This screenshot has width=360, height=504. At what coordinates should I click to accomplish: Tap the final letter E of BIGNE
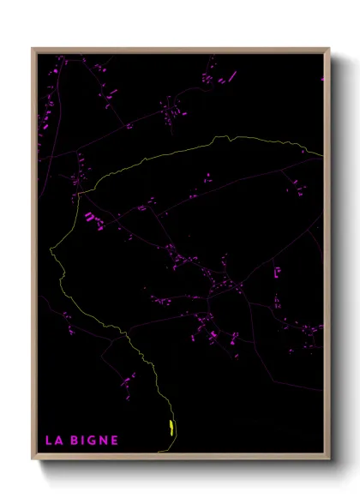tap(115, 441)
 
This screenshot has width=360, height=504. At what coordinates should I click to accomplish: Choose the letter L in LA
tap(48, 441)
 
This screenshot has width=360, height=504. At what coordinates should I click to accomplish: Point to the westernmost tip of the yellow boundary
tap(51, 249)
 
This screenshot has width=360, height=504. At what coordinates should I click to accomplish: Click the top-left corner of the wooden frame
tap(33, 49)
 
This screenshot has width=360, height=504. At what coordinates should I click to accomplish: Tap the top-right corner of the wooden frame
tap(328, 49)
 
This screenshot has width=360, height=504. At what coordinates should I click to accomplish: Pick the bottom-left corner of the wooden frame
tap(33, 459)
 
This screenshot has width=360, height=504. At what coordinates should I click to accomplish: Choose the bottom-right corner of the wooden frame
tap(328, 459)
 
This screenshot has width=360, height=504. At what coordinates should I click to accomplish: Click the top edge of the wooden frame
tap(180, 49)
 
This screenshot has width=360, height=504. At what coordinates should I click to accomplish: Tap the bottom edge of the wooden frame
tap(180, 459)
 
